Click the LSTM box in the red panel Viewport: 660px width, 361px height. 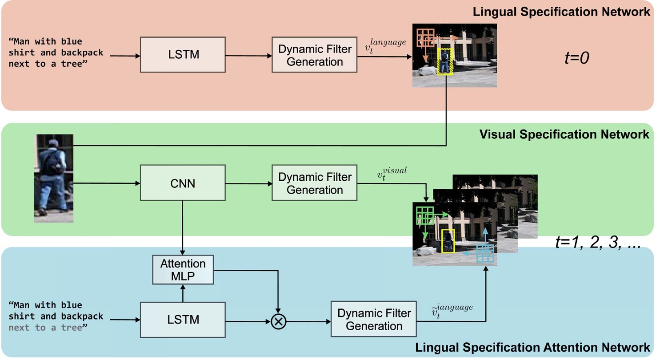183,55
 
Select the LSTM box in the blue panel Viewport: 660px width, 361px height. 183,319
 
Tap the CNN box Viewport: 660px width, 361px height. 183,182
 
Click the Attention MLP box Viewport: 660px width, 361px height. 183,269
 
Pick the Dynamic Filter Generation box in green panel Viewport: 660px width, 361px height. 315,183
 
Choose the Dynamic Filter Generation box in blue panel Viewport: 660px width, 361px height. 373,319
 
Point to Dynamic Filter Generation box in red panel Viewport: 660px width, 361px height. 315,55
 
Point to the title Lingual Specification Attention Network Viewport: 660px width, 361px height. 532,347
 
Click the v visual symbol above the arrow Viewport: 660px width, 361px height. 391,174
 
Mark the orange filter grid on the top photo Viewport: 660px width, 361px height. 425,38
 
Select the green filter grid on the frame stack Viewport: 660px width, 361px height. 425,215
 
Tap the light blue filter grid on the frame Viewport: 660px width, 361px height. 485,253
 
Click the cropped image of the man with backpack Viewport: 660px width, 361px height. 54,178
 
